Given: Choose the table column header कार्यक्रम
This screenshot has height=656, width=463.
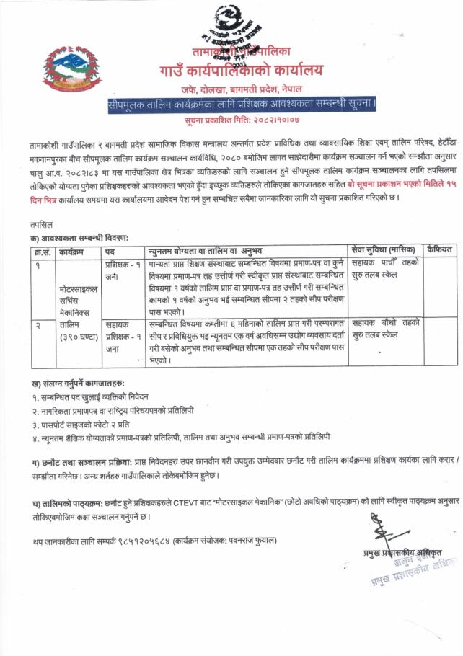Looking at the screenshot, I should click(76, 250).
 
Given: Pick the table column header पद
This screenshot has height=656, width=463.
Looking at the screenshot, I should click(110, 250).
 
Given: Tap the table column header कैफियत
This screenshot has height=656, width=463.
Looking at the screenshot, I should click(439, 250).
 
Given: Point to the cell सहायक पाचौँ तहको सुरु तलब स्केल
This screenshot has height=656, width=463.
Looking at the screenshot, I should click(385, 270).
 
